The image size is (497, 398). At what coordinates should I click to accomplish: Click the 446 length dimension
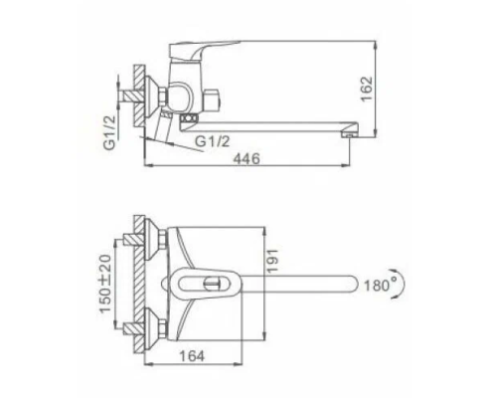pos(247,158)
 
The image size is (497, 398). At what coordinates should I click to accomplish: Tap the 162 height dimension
pos(367,89)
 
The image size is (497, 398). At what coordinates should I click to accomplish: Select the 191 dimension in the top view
pos(273,261)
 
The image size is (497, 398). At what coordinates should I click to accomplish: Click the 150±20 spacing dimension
pos(105,284)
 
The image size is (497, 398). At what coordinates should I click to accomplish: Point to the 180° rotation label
pos(381,285)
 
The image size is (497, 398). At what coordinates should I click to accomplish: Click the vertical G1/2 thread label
pos(110,132)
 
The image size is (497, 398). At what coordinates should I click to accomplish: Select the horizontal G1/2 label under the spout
pos(212,141)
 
